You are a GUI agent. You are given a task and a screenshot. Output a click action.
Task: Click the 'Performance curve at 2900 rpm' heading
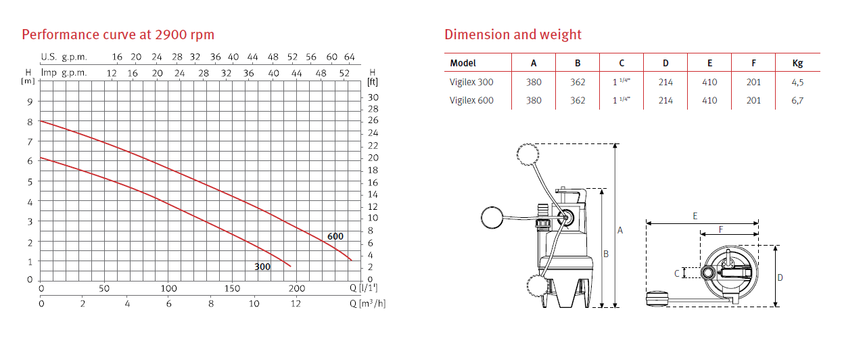coord(118,35)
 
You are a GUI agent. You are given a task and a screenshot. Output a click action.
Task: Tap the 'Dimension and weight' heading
coord(513,35)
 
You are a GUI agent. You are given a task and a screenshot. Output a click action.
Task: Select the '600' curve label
coord(335,236)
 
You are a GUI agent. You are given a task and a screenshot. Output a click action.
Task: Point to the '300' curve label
coord(262,267)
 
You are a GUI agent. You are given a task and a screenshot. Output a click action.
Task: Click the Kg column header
coord(797,63)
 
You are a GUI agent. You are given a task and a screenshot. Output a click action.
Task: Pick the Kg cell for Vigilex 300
coord(797,82)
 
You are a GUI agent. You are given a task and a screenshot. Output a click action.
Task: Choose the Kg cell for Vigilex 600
coord(797,100)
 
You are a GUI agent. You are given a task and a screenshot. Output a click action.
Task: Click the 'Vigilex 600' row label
coord(471,100)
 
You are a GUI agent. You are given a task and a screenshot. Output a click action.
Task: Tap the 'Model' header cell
coord(463,63)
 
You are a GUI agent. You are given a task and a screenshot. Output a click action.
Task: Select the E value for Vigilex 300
coord(709,82)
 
